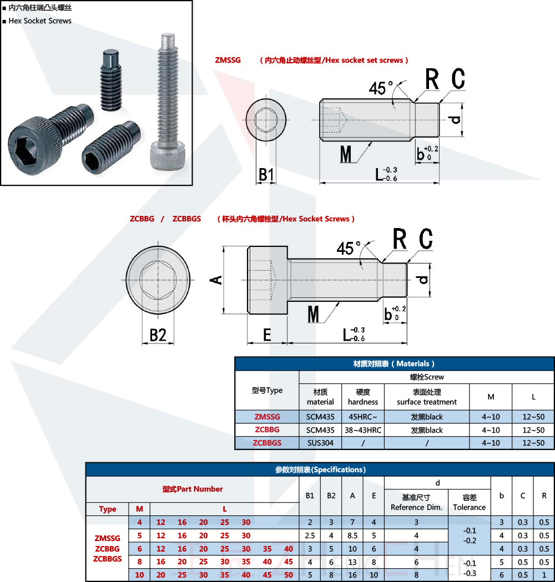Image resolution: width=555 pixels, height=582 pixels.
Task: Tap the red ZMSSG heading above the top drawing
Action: (228, 60)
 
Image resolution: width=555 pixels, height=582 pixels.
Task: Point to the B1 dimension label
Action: (266, 174)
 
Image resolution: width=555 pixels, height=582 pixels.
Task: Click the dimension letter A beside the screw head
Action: (216, 280)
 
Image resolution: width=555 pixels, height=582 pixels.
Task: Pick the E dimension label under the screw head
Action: (267, 335)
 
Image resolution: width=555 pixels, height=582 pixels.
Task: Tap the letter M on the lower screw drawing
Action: (314, 315)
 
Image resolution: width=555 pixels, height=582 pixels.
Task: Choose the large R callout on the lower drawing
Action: (400, 239)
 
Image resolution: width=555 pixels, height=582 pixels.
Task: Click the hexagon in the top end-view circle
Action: (266, 119)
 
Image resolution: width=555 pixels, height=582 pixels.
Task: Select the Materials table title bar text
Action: (394, 364)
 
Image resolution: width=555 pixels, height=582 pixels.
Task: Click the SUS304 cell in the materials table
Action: (320, 443)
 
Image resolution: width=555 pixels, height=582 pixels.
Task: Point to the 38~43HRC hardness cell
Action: (363, 430)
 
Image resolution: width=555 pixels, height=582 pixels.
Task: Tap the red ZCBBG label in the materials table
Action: (267, 429)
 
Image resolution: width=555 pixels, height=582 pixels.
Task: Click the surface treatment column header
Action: (427, 397)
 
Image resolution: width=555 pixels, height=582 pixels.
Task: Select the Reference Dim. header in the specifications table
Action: (416, 508)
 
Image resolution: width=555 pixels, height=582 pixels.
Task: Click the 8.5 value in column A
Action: (352, 535)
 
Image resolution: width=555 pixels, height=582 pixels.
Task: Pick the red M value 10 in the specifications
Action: (140, 575)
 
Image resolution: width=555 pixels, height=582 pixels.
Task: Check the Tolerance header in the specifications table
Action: (469, 508)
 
